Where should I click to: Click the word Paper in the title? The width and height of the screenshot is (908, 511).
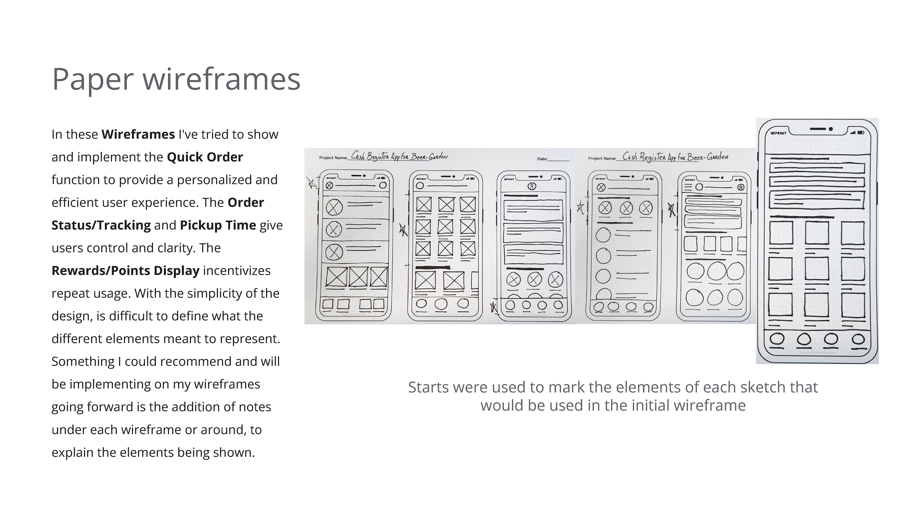tap(93, 80)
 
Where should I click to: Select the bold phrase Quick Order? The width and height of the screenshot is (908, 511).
tap(205, 157)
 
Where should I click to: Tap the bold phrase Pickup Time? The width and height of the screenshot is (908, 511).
tap(218, 225)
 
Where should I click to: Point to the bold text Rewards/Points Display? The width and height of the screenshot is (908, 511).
tap(126, 270)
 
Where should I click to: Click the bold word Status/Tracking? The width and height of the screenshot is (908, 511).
tap(101, 225)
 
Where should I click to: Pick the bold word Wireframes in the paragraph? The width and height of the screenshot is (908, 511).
tap(138, 134)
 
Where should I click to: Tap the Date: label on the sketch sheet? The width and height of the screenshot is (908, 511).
tap(542, 159)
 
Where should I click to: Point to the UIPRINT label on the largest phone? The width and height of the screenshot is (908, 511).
tap(778, 133)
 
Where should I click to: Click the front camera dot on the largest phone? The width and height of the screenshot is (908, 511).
tap(831, 129)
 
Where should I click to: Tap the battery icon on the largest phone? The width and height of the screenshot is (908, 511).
tap(860, 132)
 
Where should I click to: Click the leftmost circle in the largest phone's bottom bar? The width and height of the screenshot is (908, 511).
tap(777, 339)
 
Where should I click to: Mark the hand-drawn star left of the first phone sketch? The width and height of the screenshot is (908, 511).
tap(311, 183)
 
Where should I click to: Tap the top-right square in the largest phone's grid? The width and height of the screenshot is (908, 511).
tap(853, 233)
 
